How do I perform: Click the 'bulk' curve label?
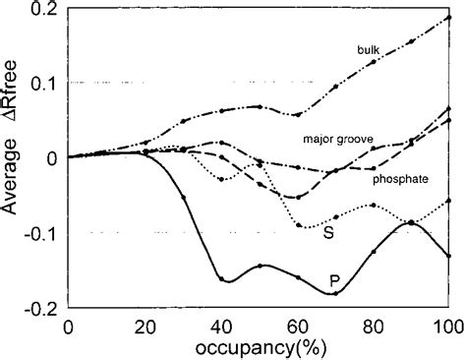(370, 48)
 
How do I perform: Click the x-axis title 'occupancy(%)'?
(258, 347)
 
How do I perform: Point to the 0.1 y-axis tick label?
(43, 83)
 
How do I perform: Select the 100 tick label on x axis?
(448, 326)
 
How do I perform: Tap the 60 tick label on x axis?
(297, 326)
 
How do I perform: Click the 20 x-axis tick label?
(145, 326)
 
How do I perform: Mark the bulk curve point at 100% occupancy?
(449, 17)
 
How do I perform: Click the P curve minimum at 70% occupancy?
(335, 293)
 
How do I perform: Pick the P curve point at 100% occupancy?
(449, 256)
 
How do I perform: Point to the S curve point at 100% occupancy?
(449, 201)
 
